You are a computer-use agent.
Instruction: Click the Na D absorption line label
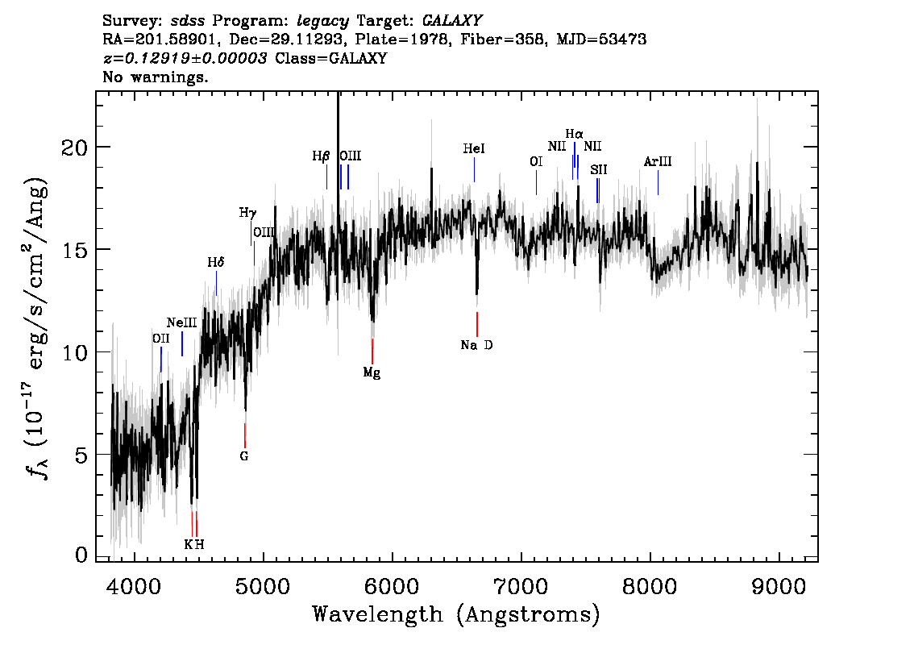[476, 345]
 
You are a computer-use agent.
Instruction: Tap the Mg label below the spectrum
[372, 372]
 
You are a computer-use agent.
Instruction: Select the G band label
[244, 456]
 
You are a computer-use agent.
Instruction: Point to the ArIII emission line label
[658, 161]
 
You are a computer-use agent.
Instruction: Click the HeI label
[474, 148]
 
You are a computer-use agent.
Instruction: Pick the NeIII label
[182, 322]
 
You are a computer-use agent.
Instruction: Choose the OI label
[536, 161]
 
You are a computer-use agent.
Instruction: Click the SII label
[599, 169]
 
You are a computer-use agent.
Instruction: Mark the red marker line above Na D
[477, 324]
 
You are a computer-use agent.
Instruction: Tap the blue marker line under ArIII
[658, 182]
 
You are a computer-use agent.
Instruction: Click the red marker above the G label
[245, 435]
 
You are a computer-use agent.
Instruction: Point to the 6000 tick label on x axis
[393, 586]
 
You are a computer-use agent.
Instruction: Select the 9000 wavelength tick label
[779, 586]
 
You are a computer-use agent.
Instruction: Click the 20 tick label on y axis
[74, 148]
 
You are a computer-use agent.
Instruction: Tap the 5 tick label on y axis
[81, 455]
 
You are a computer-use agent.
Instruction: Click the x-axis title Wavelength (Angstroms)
[456, 614]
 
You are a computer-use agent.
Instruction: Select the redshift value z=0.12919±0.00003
[185, 58]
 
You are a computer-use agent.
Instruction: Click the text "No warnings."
[155, 77]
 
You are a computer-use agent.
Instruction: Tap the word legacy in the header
[323, 22]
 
